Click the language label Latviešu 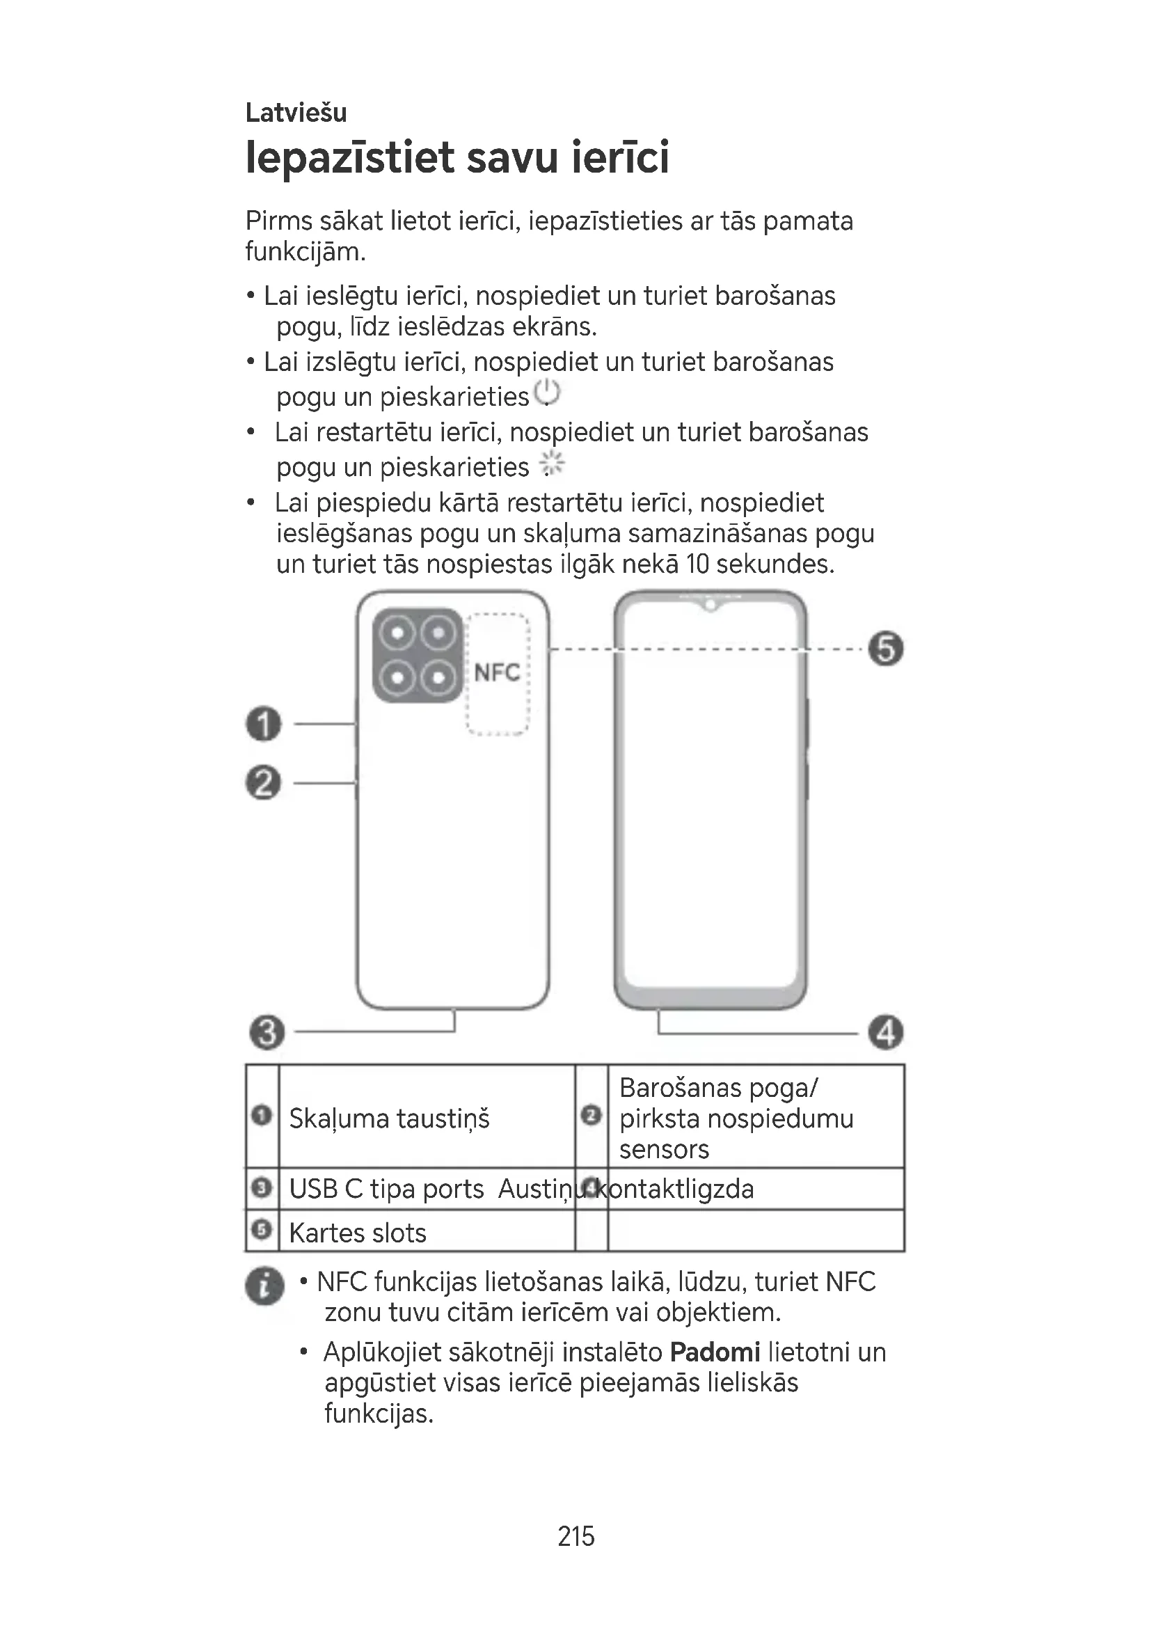point(296,113)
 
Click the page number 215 point(575,1536)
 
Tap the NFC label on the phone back point(497,672)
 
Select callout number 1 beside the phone point(264,724)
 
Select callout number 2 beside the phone point(264,783)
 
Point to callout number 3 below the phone point(267,1032)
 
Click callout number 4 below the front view point(886,1032)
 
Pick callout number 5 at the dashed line point(886,649)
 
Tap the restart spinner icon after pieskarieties point(551,464)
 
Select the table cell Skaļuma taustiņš point(389,1119)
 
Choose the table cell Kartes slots point(357,1233)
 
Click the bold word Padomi point(715,1352)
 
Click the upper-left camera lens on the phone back point(398,633)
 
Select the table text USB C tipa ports point(386,1189)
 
